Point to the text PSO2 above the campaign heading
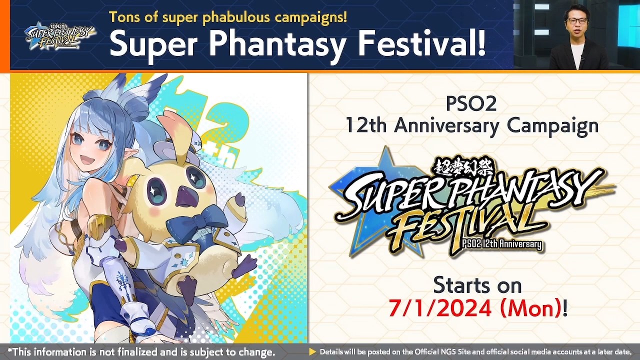471,104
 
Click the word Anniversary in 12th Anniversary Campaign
447,125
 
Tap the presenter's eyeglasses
577,21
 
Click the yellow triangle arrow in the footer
312,352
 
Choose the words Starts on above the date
477,285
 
